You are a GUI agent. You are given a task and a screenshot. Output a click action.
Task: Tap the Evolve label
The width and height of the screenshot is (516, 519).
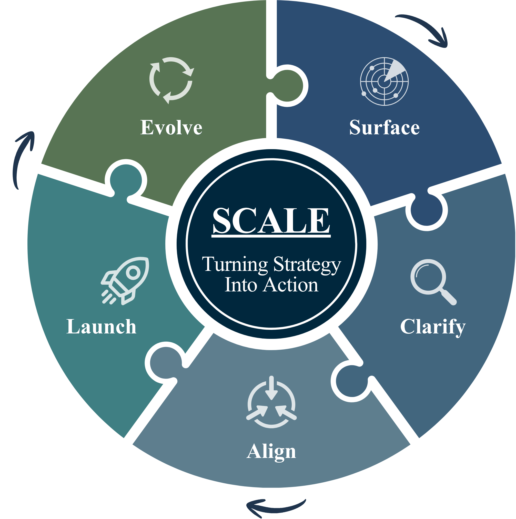pos(171,127)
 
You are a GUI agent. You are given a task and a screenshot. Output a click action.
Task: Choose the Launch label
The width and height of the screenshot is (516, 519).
pos(101,327)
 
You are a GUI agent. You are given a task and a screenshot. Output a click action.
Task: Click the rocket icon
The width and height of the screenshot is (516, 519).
pos(125,281)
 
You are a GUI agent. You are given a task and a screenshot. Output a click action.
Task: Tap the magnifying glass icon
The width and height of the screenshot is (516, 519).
pos(433,282)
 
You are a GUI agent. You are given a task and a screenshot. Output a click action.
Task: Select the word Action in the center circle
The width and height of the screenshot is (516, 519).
pos(291,285)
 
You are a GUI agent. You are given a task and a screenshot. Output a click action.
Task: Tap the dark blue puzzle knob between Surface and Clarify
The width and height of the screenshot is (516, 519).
pos(426,210)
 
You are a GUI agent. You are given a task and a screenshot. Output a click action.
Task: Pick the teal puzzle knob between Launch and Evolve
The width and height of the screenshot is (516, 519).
pos(126,180)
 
